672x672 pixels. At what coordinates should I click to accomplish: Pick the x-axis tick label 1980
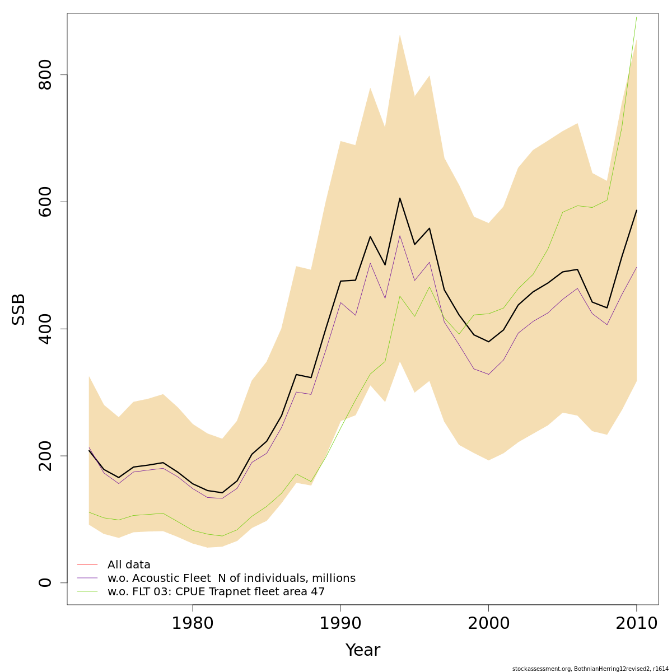coord(193,623)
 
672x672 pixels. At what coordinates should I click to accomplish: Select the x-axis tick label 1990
coord(340,623)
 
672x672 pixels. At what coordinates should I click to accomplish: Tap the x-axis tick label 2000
coord(488,623)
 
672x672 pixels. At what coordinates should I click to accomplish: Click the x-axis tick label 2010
coord(636,623)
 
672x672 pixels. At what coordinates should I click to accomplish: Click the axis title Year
coord(363,650)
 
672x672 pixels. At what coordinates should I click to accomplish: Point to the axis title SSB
coord(19,309)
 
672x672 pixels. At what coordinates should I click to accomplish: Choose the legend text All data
coord(129,564)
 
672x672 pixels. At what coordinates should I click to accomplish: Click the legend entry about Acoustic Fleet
coord(231,578)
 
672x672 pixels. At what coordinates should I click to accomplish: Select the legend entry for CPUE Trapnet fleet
coord(216,591)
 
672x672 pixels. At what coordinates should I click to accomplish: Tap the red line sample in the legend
coord(87,564)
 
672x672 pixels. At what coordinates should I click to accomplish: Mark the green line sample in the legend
coord(87,591)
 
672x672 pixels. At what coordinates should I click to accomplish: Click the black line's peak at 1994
coord(399,198)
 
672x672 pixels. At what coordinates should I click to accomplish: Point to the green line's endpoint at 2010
coord(636,17)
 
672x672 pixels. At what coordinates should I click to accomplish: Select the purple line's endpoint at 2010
coord(636,267)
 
